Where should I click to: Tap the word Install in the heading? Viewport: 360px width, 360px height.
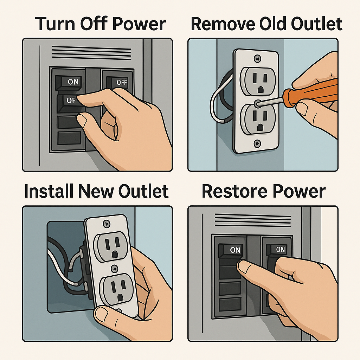pyautogui.click(x=49, y=191)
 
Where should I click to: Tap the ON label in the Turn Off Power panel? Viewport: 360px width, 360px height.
pyautogui.click(x=73, y=82)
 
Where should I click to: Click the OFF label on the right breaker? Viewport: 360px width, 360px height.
pyautogui.click(x=121, y=82)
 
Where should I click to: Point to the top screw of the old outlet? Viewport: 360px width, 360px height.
pyautogui.click(x=258, y=59)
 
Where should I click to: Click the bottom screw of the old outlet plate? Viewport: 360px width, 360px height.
pyautogui.click(x=257, y=143)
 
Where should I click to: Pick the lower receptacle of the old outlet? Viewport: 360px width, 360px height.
pyautogui.click(x=258, y=119)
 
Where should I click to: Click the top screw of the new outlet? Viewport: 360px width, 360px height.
pyautogui.click(x=106, y=224)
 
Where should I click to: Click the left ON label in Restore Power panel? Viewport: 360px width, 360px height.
pyautogui.click(x=235, y=250)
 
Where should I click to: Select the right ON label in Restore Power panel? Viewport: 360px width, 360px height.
pyautogui.click(x=280, y=249)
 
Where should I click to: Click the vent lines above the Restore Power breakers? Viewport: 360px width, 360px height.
pyautogui.click(x=252, y=219)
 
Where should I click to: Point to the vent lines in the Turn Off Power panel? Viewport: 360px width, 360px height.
pyautogui.click(x=92, y=53)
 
